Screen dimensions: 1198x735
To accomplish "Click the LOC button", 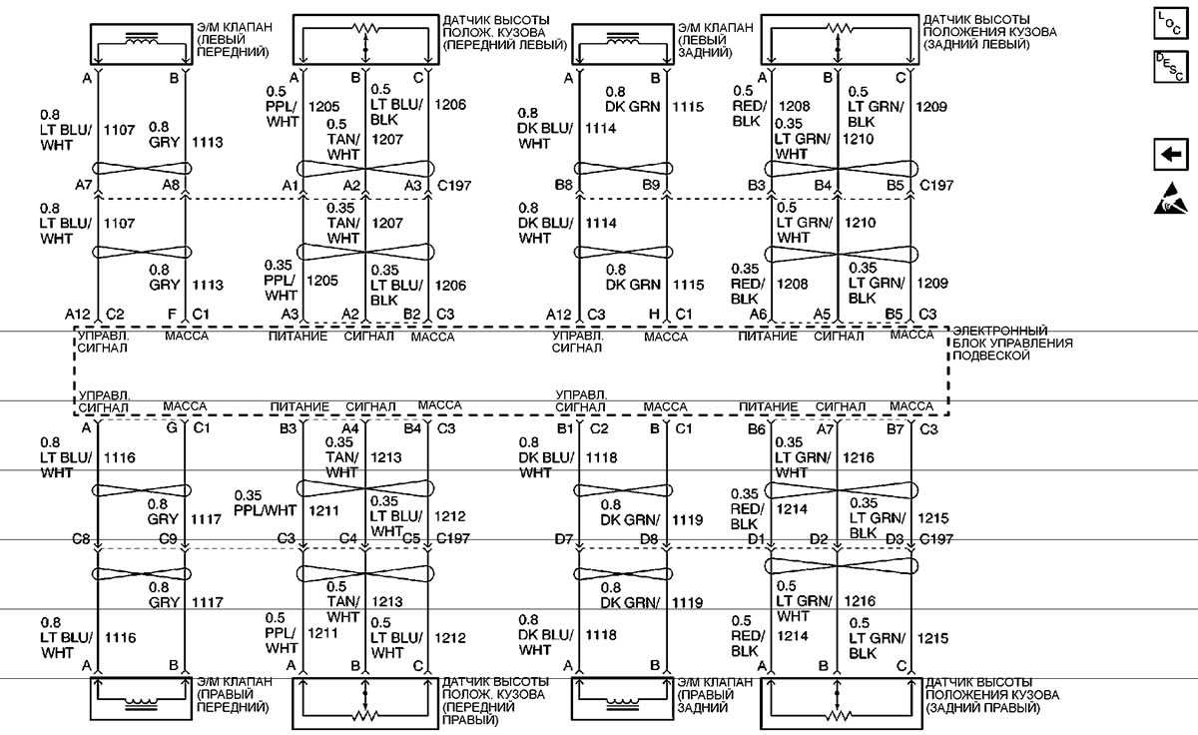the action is point(1171,23).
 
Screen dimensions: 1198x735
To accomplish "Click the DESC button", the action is point(1171,67).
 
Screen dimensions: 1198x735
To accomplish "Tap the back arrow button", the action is point(1171,155).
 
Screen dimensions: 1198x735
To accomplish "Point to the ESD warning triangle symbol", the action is point(1171,199).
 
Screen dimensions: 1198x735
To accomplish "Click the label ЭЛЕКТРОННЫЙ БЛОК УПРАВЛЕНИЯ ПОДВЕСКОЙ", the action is point(1012,343).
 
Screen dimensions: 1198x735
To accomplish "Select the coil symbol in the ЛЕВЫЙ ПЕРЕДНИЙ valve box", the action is point(141,40).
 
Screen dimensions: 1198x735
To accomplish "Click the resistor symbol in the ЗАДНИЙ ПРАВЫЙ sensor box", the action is point(838,715).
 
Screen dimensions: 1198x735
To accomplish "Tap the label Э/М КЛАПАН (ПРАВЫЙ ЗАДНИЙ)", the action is point(715,695).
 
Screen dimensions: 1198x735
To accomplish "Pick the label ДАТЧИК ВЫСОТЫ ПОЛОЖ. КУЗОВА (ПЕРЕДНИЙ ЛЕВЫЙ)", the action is point(505,33).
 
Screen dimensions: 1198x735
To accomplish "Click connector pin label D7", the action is point(564,539).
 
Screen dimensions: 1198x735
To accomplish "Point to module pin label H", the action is point(654,314).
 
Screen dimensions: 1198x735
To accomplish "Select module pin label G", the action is point(172,428).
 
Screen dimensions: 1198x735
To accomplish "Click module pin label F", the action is point(172,314).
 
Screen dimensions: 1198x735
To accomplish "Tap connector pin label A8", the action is point(171,185).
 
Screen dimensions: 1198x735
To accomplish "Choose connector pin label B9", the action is point(651,185).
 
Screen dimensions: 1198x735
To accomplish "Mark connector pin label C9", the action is point(168,538).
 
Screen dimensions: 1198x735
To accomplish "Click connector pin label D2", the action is point(819,538).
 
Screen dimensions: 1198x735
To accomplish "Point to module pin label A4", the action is point(349,428).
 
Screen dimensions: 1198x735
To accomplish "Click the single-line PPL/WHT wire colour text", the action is point(265,511).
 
